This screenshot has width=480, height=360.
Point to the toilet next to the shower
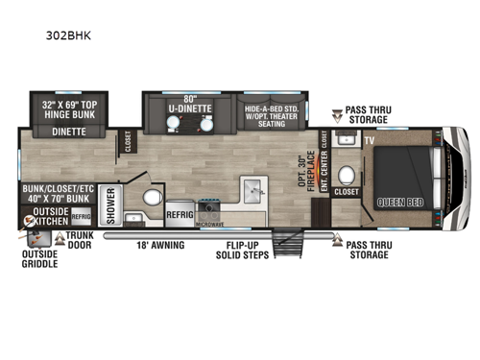coord(150,200)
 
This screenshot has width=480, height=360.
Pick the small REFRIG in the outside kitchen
coord(82,217)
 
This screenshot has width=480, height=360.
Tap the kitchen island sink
coord(248,186)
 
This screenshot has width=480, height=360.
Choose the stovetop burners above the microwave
coord(210,207)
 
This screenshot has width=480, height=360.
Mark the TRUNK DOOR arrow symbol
coord(60,235)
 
